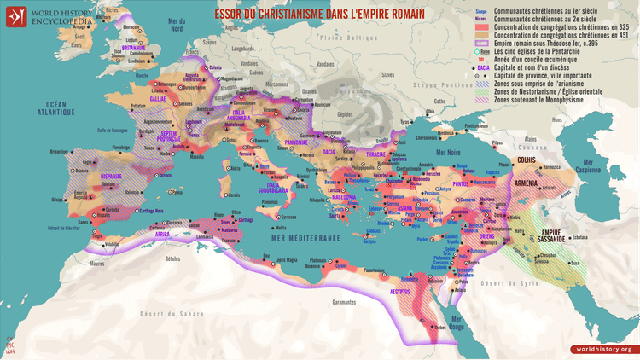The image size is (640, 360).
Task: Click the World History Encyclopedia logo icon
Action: tap(14, 15)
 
